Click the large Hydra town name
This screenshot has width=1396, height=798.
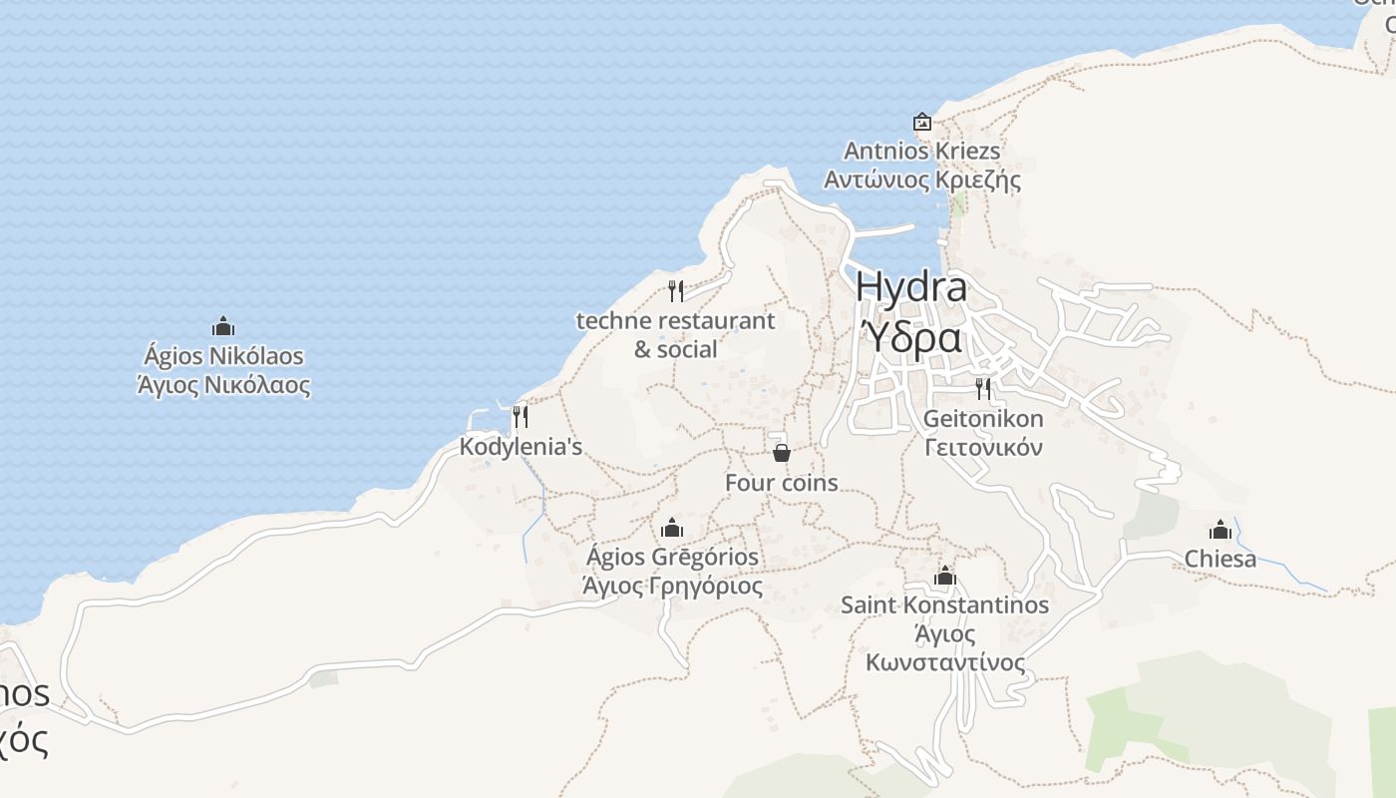[x=910, y=287]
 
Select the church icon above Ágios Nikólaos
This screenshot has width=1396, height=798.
[x=223, y=326]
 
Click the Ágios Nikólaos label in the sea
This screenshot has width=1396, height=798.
[x=223, y=356]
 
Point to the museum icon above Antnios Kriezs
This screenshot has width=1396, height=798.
[x=922, y=122]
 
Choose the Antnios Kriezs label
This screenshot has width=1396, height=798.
[x=921, y=151]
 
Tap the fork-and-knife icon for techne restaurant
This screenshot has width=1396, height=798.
[x=676, y=291]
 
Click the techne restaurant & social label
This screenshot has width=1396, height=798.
[x=675, y=335]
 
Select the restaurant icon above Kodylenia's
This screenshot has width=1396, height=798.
[x=520, y=416]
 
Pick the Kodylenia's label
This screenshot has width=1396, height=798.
[x=521, y=447]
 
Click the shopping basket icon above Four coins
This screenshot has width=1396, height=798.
[x=782, y=453]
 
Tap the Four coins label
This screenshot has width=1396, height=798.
[x=781, y=483]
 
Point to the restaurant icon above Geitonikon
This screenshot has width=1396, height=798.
[x=983, y=388]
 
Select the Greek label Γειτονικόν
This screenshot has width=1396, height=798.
[x=983, y=447]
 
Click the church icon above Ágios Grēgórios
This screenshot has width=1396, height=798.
[x=672, y=527]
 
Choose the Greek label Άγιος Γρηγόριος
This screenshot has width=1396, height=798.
[x=672, y=587]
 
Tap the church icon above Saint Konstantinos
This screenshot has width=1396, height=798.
[x=945, y=576]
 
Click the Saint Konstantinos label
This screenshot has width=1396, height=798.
[x=944, y=605]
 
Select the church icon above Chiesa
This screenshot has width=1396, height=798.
[x=1221, y=530]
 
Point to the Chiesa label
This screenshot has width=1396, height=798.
[x=1221, y=560]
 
